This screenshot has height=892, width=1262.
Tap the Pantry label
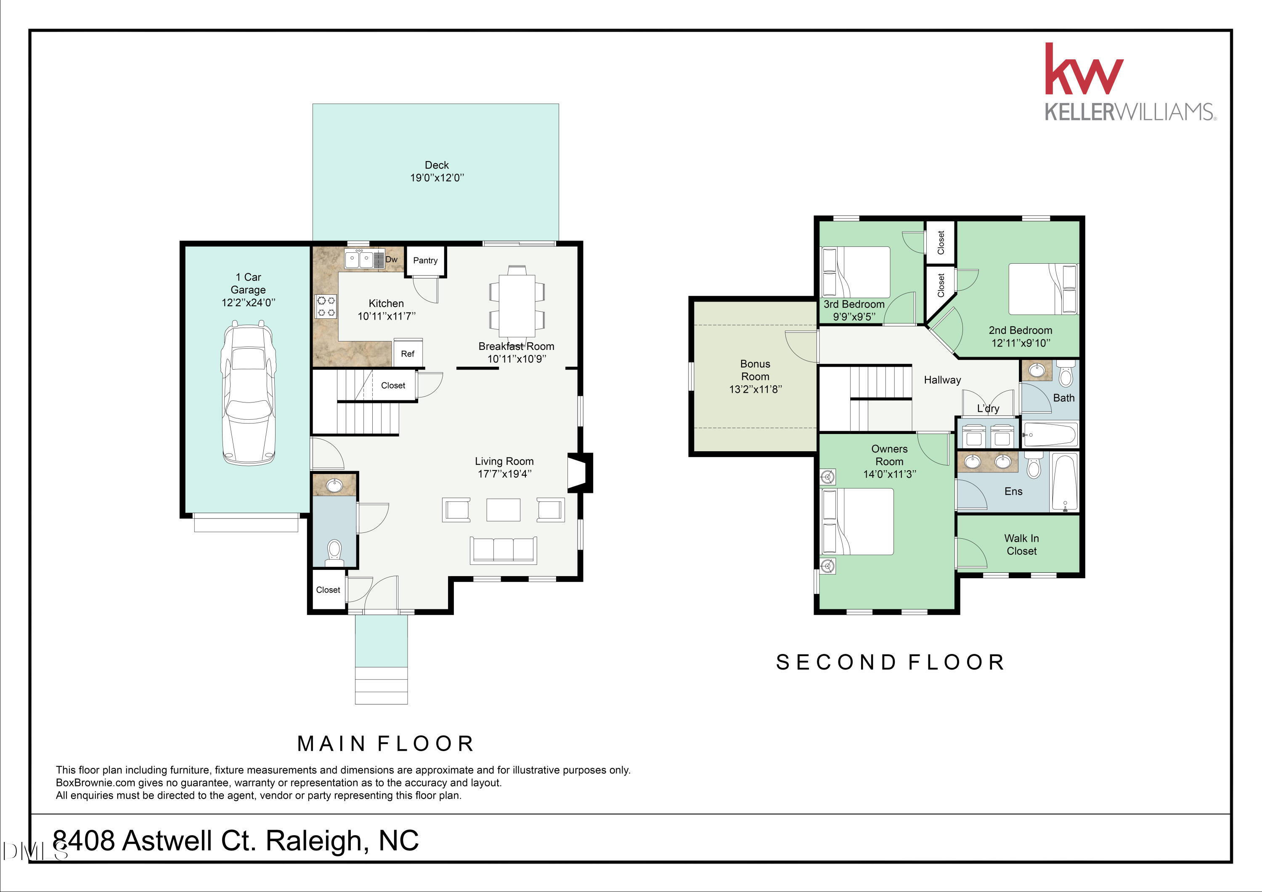pos(425,260)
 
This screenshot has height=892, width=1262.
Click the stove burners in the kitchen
pos(326,307)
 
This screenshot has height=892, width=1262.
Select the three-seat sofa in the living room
pos(504,550)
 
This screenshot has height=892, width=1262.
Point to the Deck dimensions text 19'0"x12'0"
pos(437,177)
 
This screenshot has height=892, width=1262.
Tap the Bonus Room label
pos(755,370)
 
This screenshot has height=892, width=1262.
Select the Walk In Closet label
pos(1021,545)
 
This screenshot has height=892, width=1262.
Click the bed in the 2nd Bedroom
pos(1043,289)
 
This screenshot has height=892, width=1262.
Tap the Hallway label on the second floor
pos(942,380)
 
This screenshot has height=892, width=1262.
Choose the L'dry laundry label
pos(988,408)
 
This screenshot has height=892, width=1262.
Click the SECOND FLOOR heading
pos(891,662)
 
